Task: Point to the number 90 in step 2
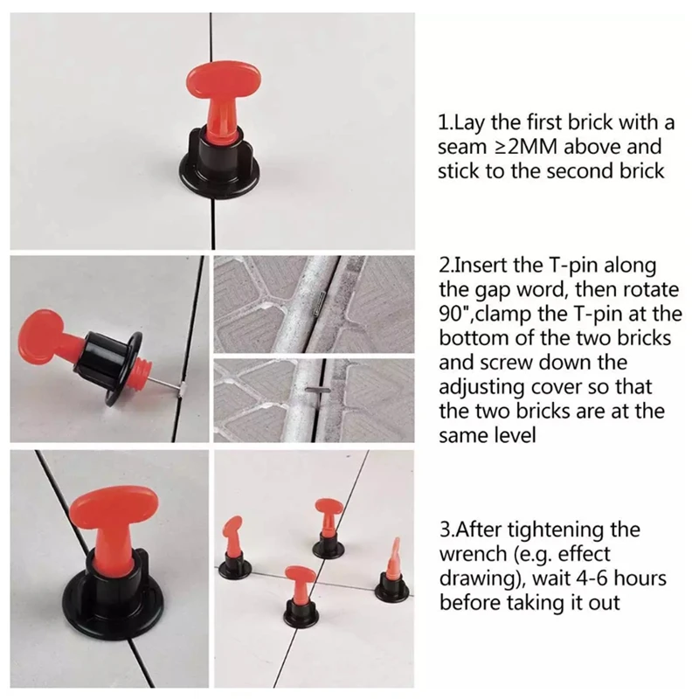[451, 314]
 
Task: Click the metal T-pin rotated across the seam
[318, 391]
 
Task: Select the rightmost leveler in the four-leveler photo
[392, 570]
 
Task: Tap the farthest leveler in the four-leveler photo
[329, 529]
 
